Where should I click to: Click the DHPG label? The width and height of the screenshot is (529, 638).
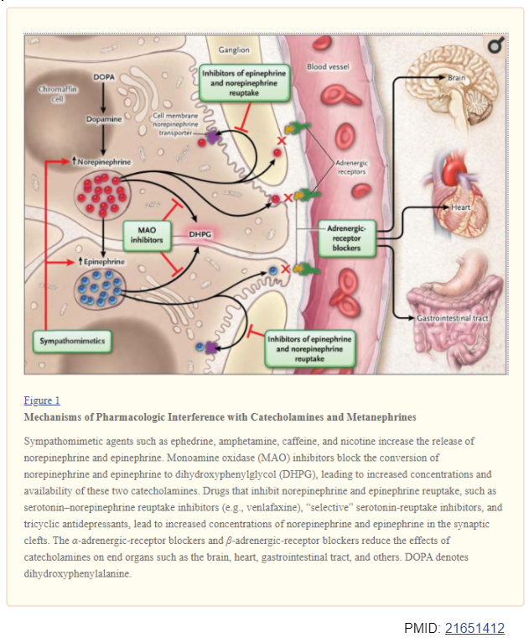[200, 236]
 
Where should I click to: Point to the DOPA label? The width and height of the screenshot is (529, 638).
[104, 77]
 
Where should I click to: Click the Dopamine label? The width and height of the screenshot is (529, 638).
[104, 120]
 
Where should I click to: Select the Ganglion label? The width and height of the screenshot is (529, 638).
[233, 50]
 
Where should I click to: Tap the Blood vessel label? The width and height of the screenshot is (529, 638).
[329, 65]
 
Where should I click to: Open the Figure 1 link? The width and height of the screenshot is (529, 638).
[41, 400]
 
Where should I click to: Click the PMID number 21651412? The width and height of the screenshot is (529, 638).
[475, 628]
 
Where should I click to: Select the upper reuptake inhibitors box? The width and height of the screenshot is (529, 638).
[243, 83]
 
